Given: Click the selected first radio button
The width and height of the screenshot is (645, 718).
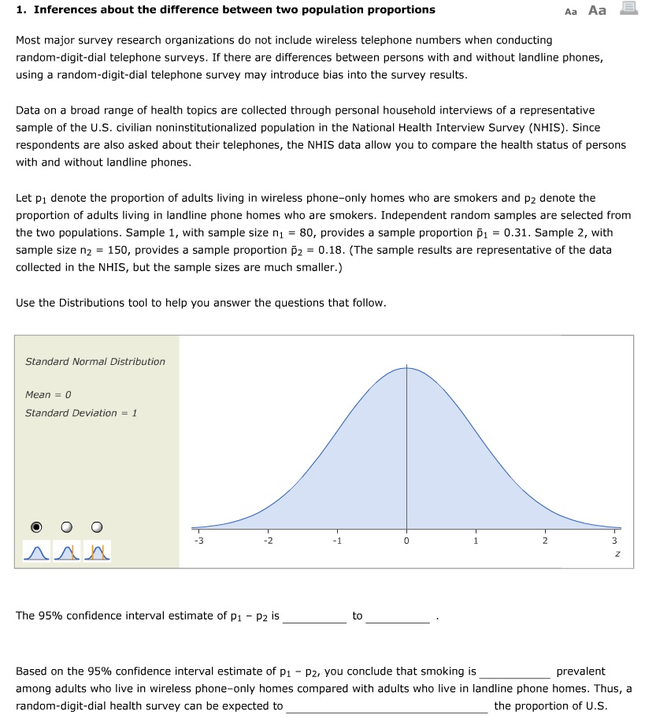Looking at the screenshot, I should pos(37,526).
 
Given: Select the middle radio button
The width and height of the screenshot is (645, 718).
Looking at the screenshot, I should pos(68,526).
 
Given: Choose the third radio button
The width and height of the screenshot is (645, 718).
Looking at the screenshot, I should pos(98,526).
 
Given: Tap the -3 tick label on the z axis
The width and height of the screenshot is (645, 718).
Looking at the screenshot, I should pos(199,541).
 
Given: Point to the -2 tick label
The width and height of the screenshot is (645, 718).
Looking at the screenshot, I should pos(269,541).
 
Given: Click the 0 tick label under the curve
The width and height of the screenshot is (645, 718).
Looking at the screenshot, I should pos(406,541).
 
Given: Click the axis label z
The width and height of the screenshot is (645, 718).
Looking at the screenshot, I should pos(615,554).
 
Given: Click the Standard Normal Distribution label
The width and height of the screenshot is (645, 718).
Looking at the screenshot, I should pos(95,362).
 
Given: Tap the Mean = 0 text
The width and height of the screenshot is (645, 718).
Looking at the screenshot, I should pos(48,394).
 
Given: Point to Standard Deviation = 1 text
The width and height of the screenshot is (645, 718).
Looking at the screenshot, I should pos(81,413).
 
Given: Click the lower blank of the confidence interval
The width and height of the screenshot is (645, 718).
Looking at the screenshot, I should pos(314,616).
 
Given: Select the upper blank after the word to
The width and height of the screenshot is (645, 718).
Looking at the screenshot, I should pos(398,616).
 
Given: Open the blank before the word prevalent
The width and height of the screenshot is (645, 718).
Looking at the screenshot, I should pos(515,672).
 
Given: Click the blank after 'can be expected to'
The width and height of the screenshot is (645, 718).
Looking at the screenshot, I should pos(387,706).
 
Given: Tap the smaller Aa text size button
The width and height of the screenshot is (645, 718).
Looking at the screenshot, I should pos(571,11).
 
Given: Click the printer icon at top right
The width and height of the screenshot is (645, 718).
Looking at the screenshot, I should pos(628,9).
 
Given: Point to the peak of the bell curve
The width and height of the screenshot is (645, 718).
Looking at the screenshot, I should pos(406,367).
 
